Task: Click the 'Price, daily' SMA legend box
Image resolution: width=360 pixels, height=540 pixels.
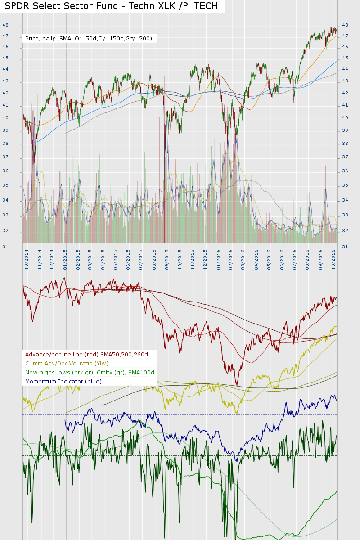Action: point(89,39)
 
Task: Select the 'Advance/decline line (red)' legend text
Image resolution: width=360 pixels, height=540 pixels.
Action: point(86,355)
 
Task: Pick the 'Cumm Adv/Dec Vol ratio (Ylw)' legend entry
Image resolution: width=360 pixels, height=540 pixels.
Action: point(67,364)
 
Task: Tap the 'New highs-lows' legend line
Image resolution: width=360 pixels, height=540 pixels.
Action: point(90,372)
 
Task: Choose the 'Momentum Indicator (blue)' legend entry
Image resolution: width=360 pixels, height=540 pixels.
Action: point(63,381)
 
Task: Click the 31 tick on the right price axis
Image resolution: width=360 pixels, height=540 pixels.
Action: point(345,247)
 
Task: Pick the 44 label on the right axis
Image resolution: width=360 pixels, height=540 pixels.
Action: point(345,69)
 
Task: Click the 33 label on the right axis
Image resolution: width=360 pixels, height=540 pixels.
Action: point(345,215)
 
